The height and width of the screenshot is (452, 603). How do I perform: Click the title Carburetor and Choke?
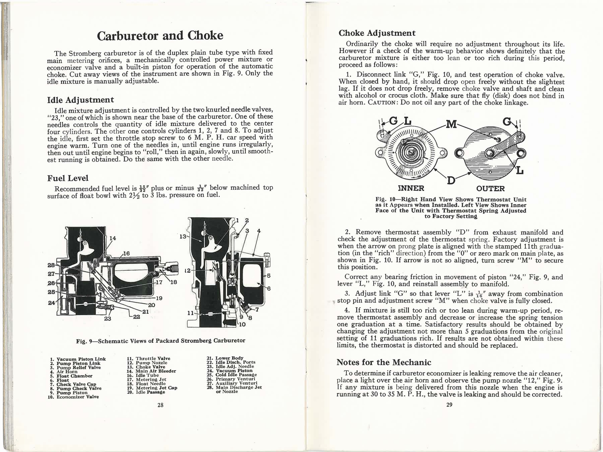point(160,35)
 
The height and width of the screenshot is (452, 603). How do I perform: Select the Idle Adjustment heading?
point(80,100)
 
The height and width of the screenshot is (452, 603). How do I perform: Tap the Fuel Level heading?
point(68,178)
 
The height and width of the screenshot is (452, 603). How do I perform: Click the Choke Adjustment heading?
point(377,33)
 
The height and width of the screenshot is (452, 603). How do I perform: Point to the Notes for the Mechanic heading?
point(383,362)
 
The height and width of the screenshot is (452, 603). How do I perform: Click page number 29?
point(449,405)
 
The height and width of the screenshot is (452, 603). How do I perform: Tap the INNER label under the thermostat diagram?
point(411,188)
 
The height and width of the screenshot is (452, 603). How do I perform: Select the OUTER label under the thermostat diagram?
point(490,188)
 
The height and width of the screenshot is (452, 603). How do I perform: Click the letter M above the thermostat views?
point(451,124)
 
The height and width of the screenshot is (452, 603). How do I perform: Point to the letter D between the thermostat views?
point(451,180)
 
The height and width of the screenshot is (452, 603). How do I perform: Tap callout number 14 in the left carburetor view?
point(113,238)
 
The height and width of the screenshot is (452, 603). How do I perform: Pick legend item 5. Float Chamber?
point(74,376)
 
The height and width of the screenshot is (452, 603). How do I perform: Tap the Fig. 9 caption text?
point(161,341)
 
